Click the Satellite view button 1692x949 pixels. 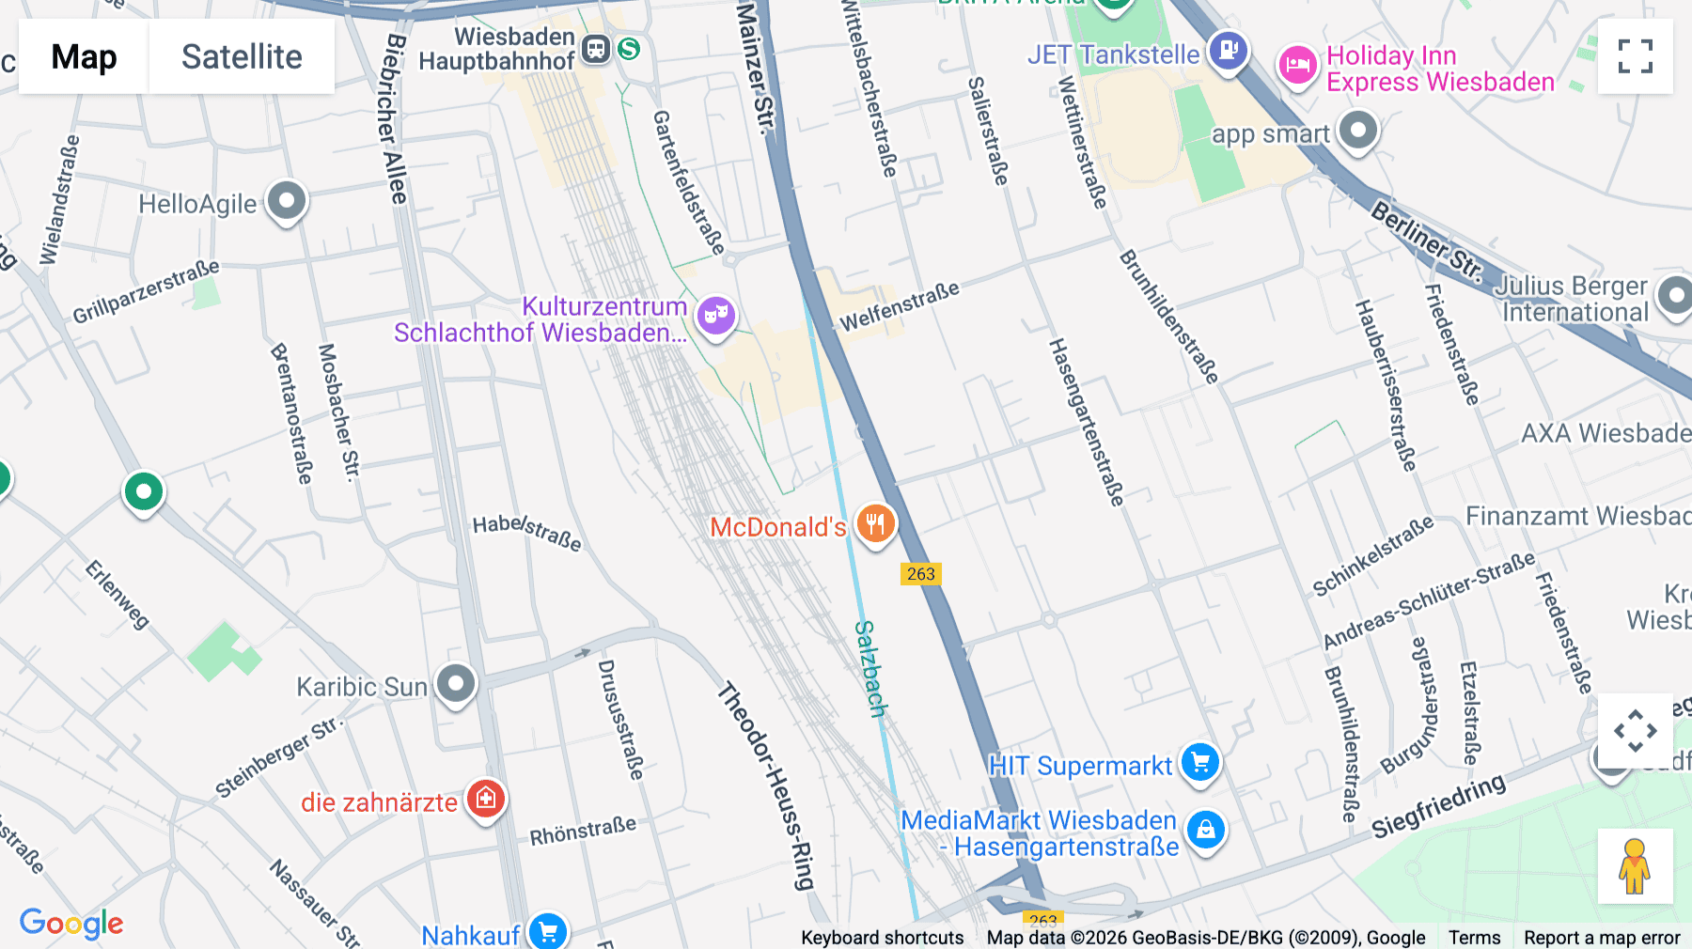click(242, 57)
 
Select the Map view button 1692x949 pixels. click(84, 57)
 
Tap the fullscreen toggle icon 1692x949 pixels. click(1635, 56)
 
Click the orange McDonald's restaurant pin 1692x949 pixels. click(875, 524)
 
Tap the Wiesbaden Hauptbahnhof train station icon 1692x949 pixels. click(596, 49)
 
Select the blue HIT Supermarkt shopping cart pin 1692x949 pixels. click(1200, 763)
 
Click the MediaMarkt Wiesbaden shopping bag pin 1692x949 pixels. click(1205, 831)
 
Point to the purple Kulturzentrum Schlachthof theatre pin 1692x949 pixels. click(716, 316)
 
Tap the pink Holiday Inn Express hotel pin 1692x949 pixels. click(1297, 66)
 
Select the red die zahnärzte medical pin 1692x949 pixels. click(485, 800)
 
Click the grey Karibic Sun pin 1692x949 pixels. click(457, 684)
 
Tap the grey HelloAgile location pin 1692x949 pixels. click(287, 201)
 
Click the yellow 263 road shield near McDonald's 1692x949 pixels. click(920, 574)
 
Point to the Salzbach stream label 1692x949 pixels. click(870, 668)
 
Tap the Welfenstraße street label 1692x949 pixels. click(900, 306)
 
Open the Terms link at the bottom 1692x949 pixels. click(1474, 937)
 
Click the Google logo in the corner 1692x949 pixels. click(71, 924)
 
